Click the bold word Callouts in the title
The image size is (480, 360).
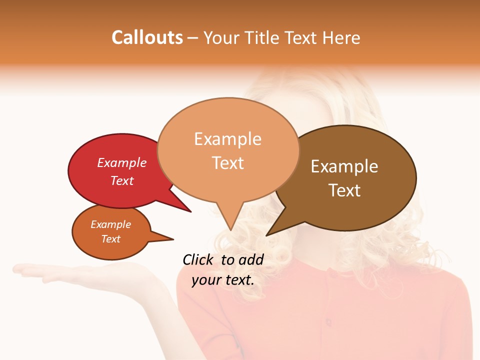coord(147,37)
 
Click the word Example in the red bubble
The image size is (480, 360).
coord(122,163)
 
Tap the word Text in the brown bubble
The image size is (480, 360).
coord(344,190)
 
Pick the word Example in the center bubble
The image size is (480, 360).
coord(227,139)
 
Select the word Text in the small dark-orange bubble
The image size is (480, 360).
coord(111,239)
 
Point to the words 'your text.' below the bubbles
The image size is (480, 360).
coord(223,280)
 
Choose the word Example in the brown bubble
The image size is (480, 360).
coord(344,166)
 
